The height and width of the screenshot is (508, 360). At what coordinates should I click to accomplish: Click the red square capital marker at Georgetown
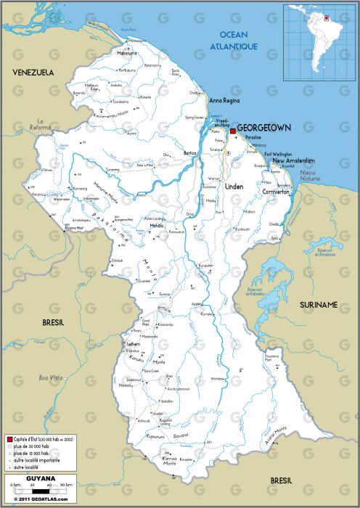(232, 131)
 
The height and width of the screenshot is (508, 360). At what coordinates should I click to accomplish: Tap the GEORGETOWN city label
(264, 128)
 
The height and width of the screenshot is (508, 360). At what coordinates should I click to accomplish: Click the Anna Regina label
(225, 100)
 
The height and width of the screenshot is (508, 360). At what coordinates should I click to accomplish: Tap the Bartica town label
(191, 154)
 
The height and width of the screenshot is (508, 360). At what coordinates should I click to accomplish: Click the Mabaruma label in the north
(127, 53)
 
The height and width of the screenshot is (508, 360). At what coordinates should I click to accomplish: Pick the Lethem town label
(134, 344)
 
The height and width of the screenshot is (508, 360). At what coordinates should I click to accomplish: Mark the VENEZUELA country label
(33, 73)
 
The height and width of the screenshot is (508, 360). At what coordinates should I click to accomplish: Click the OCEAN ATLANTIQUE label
(234, 41)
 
